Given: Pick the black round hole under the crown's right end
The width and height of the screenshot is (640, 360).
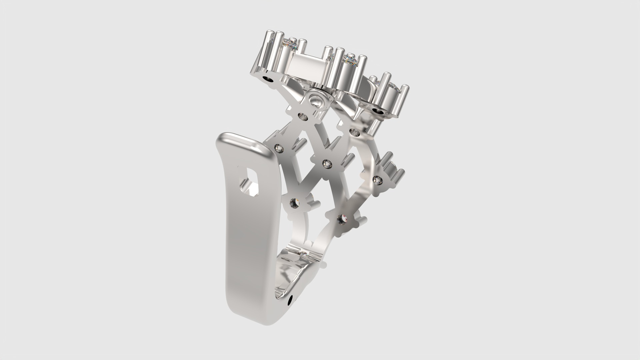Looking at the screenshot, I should coord(378,110).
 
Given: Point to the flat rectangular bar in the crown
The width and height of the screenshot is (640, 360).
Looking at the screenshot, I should coord(306,67).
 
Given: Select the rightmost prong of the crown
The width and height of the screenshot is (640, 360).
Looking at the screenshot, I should coord(404,100).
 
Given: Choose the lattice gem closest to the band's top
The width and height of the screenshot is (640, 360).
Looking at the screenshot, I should coord(278,148).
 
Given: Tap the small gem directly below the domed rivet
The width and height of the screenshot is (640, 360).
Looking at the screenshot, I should coord(303,116).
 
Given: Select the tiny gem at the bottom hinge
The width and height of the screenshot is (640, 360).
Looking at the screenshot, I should coord(304,254).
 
